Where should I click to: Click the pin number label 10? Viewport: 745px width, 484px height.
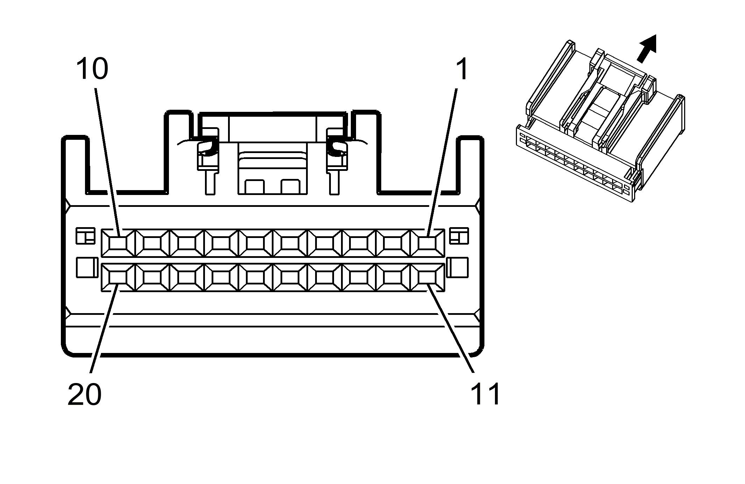click(92, 69)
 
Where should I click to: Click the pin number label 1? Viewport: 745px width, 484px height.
click(462, 69)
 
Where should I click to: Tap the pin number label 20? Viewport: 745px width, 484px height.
click(84, 395)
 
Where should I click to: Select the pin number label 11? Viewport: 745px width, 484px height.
click(485, 394)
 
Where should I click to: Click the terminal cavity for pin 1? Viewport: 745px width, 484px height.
click(427, 243)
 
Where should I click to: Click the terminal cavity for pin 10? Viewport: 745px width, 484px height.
click(118, 243)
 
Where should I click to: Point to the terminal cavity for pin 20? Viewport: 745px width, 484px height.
click(118, 277)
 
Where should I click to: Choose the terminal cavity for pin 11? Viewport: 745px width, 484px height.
click(427, 277)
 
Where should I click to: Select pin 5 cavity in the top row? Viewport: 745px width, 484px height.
click(290, 243)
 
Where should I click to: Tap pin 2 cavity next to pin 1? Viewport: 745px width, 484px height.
click(393, 243)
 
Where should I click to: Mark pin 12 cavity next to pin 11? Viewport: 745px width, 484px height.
click(393, 277)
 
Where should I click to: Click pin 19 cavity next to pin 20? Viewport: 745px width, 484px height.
click(152, 277)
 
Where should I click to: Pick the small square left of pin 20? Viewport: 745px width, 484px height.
click(87, 268)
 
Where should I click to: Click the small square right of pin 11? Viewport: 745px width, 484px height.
click(459, 268)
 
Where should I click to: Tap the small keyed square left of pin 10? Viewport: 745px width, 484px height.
click(86, 236)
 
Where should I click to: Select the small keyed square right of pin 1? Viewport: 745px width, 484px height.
click(459, 236)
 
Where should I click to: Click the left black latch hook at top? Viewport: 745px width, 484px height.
click(207, 147)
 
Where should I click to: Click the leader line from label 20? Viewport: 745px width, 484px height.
click(103, 328)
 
